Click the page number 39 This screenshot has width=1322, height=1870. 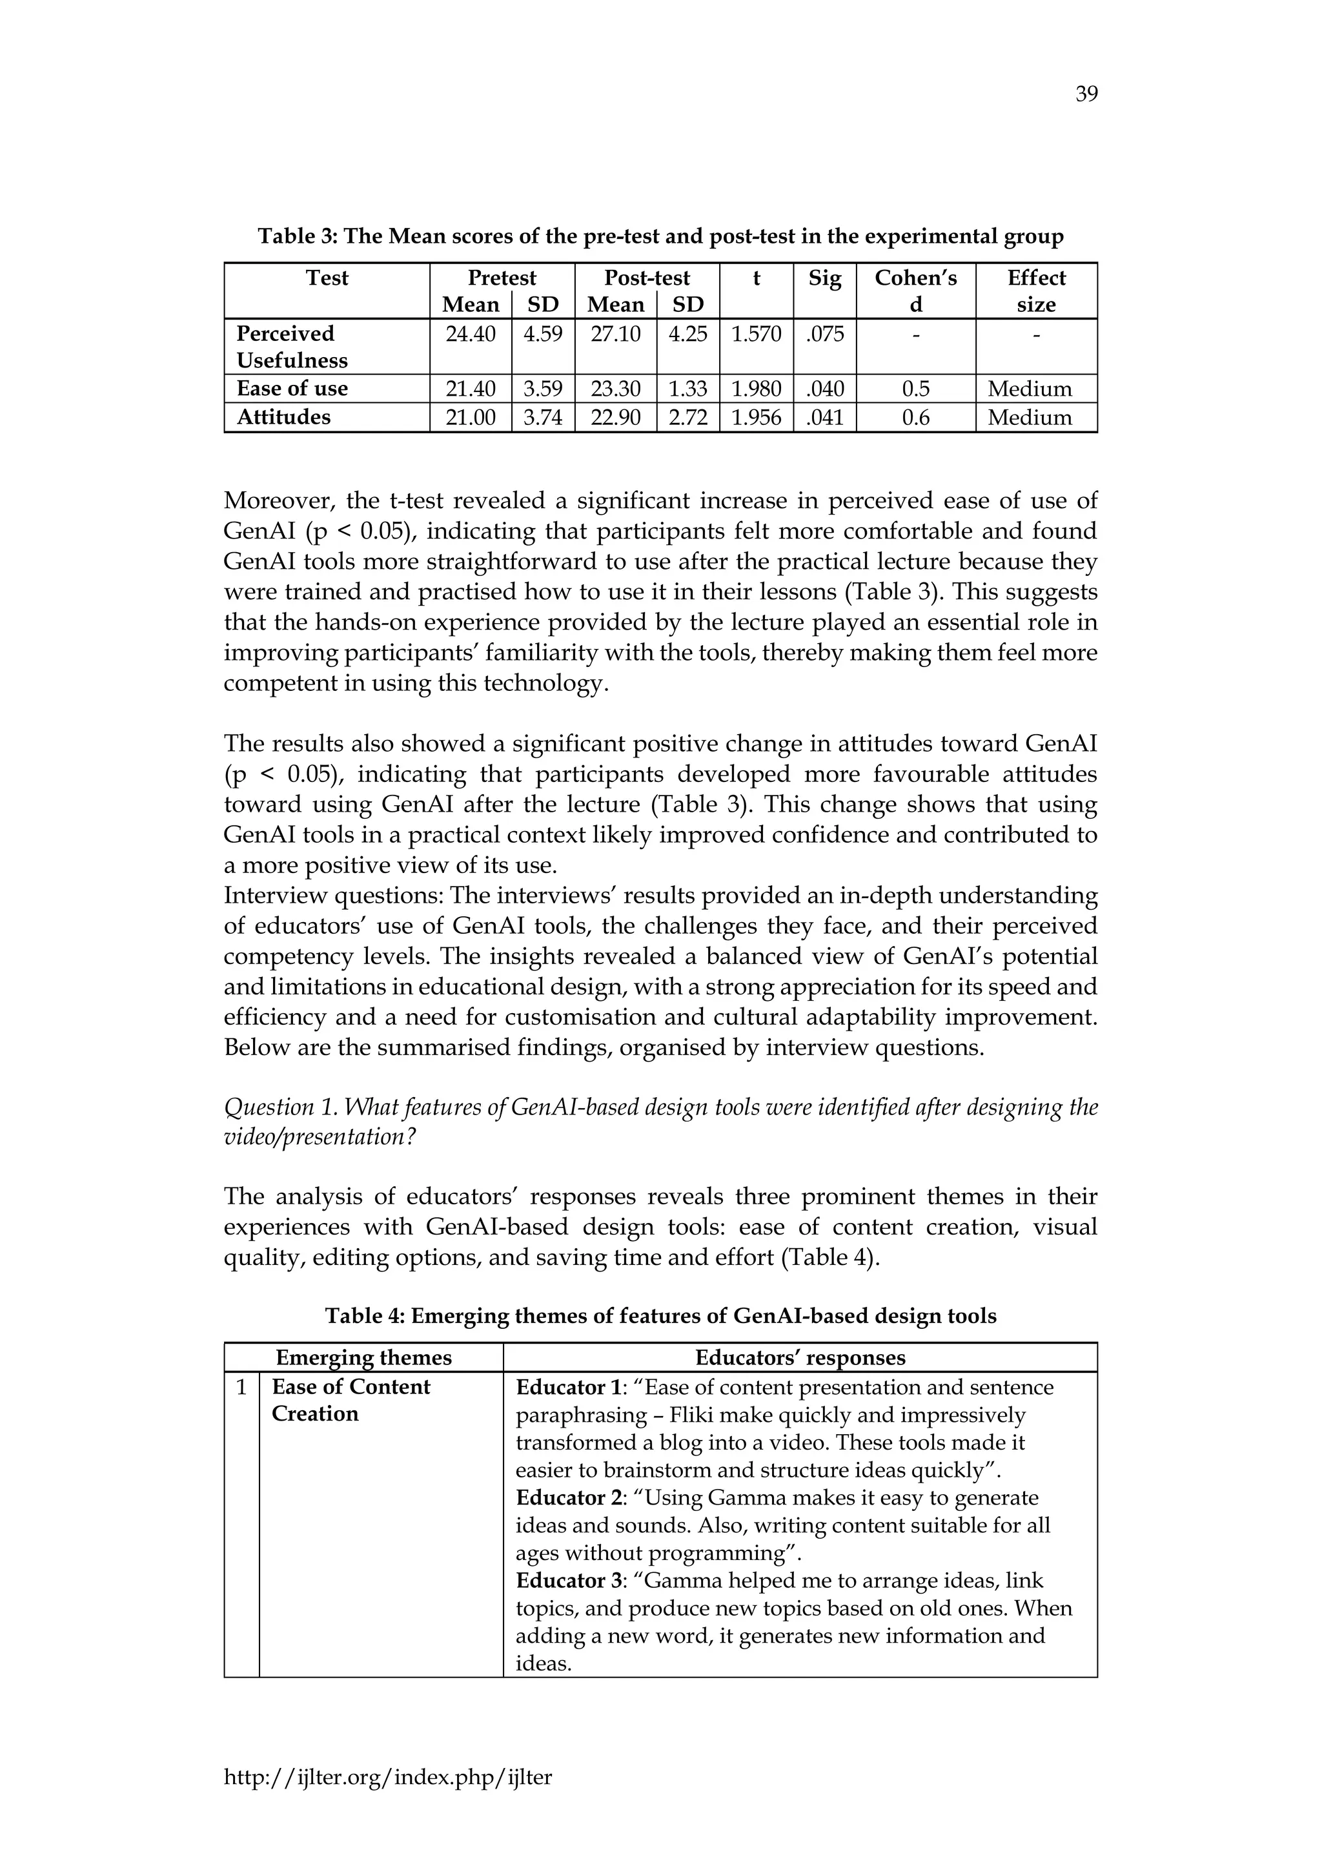click(x=1086, y=94)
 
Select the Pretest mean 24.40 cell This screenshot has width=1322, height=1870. click(x=470, y=334)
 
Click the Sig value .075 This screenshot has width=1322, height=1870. click(x=824, y=334)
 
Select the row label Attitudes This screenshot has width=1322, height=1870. click(x=283, y=418)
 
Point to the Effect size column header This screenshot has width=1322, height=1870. click(x=1035, y=291)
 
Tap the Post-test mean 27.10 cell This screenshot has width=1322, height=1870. click(x=615, y=334)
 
